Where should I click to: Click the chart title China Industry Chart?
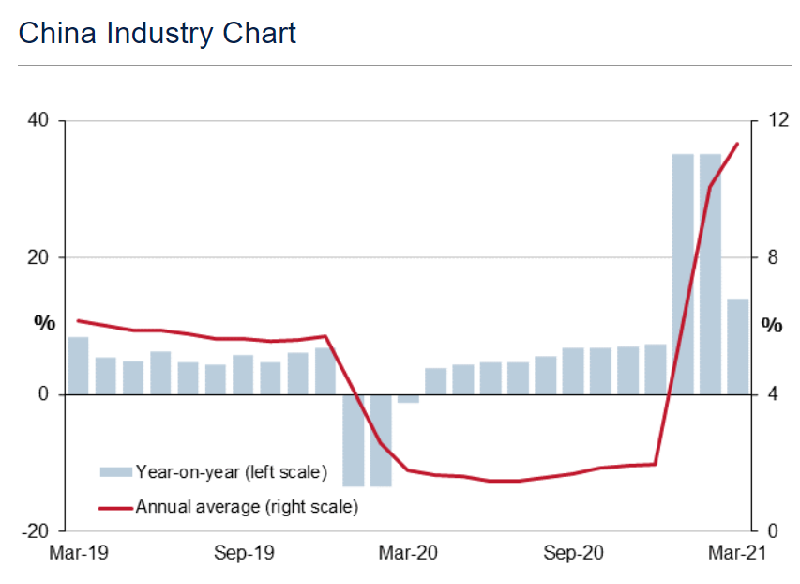click(157, 34)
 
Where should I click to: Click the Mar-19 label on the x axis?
click(78, 553)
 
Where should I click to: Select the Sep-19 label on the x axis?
click(243, 553)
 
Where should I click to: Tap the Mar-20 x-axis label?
click(408, 553)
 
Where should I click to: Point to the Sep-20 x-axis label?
click(573, 553)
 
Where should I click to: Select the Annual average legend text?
click(247, 507)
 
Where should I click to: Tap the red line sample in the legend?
click(116, 508)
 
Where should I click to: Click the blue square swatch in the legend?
click(116, 471)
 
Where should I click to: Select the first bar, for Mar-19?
click(78, 365)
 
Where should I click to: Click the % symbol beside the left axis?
click(45, 323)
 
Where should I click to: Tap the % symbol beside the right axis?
click(771, 326)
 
